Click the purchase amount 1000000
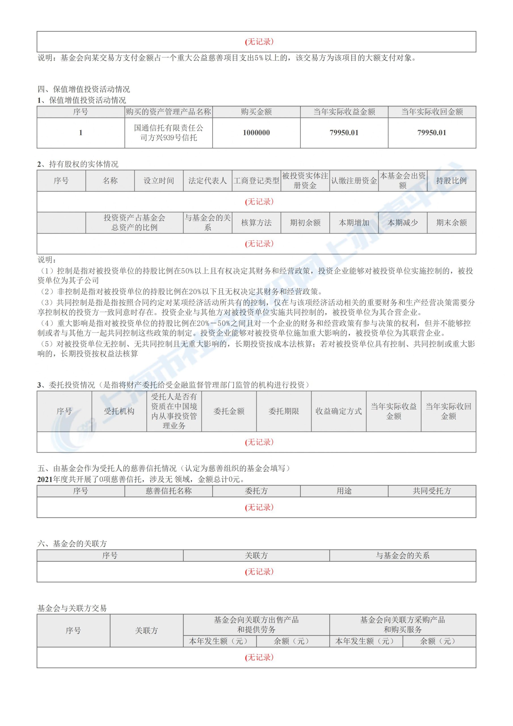tap(256, 133)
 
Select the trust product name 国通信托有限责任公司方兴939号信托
tap(168, 133)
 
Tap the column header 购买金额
tap(256, 112)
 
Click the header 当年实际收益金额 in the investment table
tap(344, 112)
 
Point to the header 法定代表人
tap(208, 181)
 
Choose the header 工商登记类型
tap(256, 181)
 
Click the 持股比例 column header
tap(451, 181)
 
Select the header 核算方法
tap(256, 223)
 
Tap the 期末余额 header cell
tap(451, 223)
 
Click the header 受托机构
tap(119, 411)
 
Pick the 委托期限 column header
tap(284, 411)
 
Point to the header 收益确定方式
tap(338, 411)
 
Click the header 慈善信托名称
tap(168, 491)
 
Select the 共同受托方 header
tap(432, 491)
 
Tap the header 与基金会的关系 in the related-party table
tap(402, 555)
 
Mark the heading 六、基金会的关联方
tap(72, 544)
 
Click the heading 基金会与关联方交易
tap(72, 608)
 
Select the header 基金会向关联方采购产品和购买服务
tap(402, 624)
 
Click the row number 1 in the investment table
tap(81, 133)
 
